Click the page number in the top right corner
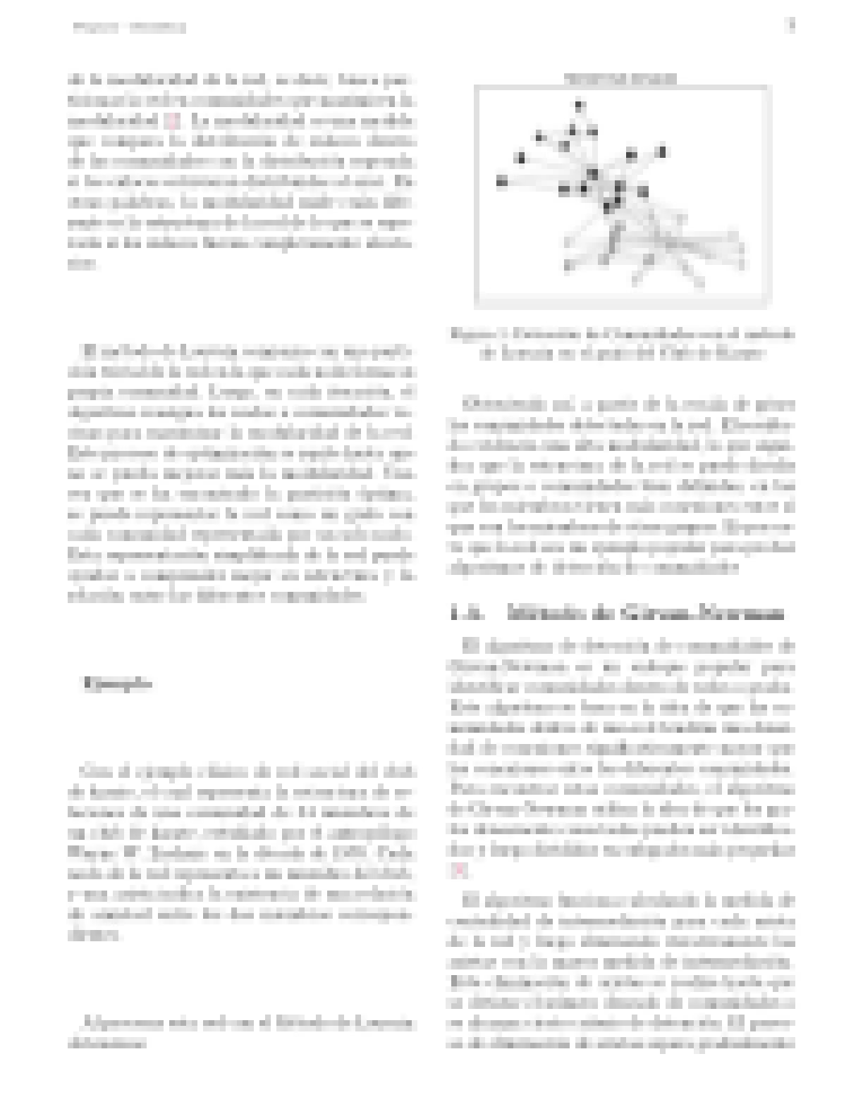coord(790,27)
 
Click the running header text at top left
coord(130,28)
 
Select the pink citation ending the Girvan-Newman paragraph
coord(458,871)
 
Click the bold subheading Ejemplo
coord(117,683)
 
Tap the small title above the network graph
coord(620,79)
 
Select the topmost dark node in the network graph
coord(579,107)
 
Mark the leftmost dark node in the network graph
coord(501,182)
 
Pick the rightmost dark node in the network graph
coord(662,151)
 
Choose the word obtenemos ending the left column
coord(106,1042)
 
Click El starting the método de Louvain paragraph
coord(89,350)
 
